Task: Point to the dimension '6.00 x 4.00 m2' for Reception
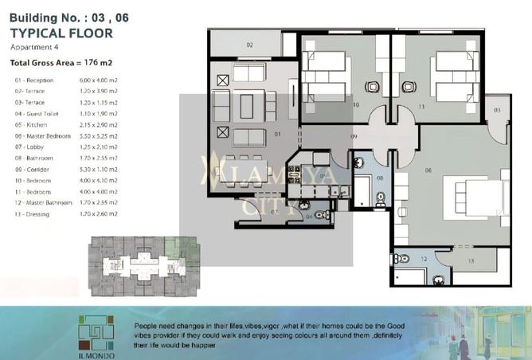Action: click(x=100, y=81)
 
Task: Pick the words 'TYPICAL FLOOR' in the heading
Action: click(x=61, y=33)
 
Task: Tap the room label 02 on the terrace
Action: click(x=249, y=45)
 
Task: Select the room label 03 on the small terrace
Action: click(x=497, y=109)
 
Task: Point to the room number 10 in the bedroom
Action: click(x=356, y=104)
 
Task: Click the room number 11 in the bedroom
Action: click(x=423, y=104)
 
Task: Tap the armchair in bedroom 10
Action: click(x=370, y=87)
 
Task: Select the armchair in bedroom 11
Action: click(x=409, y=87)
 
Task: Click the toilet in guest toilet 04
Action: click(x=321, y=215)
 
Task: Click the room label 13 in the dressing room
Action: click(x=470, y=260)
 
